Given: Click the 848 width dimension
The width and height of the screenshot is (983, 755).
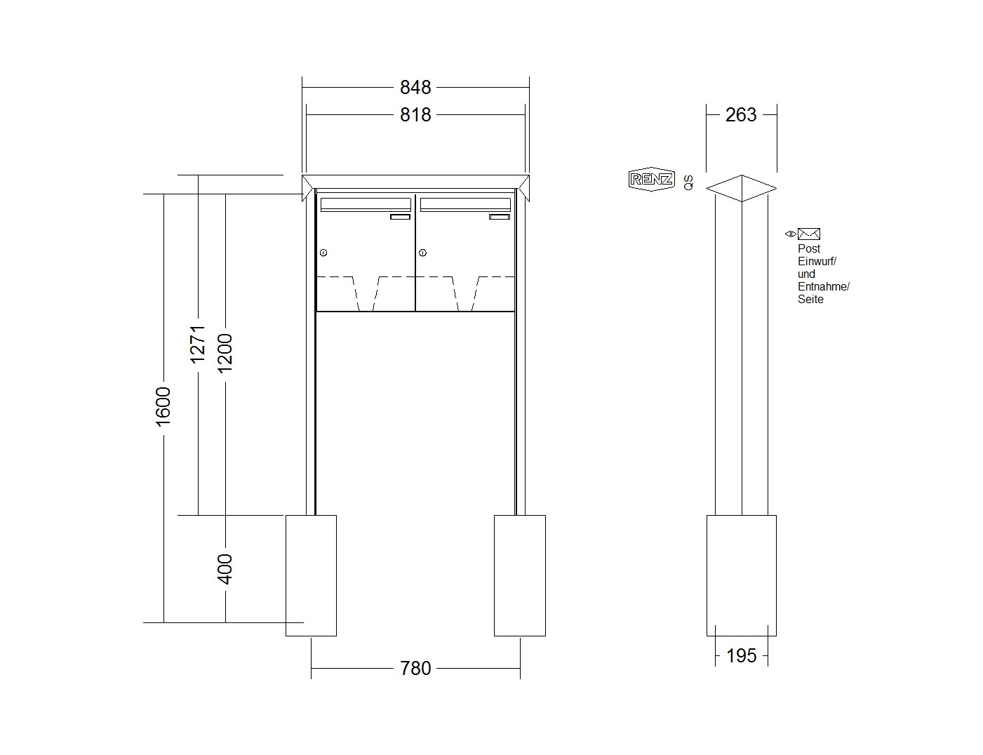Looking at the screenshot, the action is [415, 87].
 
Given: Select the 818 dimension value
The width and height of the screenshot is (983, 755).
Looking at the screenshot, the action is [415, 115].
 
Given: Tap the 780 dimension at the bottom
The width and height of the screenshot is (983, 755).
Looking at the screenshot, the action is [415, 668].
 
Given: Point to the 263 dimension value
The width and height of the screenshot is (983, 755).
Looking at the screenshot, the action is [741, 115].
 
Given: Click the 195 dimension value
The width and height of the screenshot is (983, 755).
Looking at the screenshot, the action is [742, 655].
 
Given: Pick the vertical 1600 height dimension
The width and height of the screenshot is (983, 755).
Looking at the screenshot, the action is [163, 407].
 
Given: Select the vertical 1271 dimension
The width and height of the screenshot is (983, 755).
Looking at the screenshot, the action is [198, 345].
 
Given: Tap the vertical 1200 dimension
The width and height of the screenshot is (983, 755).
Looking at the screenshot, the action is [225, 354].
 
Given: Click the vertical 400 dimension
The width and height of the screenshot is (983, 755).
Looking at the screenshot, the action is [225, 569].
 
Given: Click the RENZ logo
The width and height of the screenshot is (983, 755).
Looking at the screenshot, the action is [651, 179].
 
